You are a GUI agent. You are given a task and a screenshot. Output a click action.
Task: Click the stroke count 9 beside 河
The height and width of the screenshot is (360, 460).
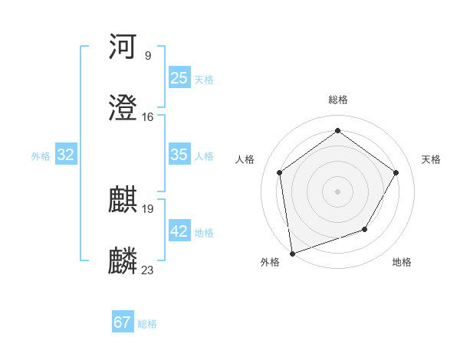pyautogui.click(x=147, y=55)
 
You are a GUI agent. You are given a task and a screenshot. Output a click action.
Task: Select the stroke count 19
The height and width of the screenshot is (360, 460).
pyautogui.click(x=148, y=208)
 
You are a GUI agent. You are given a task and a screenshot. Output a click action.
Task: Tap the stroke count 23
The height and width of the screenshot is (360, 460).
pyautogui.click(x=148, y=270)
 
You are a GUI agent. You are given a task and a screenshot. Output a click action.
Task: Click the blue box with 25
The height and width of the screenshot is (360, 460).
pyautogui.click(x=179, y=78)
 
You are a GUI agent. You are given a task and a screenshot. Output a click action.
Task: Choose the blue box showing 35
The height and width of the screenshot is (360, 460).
pyautogui.click(x=179, y=155)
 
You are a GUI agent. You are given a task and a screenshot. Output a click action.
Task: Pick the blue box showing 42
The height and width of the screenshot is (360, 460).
pyautogui.click(x=179, y=231)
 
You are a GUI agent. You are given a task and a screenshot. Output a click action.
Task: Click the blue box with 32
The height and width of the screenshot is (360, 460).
pyautogui.click(x=66, y=155)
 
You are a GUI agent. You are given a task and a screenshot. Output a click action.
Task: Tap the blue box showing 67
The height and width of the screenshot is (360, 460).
pyautogui.click(x=123, y=322)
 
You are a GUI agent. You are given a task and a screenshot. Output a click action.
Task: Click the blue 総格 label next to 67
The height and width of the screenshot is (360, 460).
pyautogui.click(x=147, y=324)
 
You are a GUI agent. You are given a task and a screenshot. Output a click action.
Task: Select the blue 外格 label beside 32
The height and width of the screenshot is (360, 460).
pyautogui.click(x=41, y=156)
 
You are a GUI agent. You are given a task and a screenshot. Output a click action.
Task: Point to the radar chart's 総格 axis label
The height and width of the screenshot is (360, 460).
pyautogui.click(x=338, y=100)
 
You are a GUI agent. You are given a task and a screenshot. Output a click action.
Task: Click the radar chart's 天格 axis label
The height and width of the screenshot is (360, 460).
pyautogui.click(x=431, y=159)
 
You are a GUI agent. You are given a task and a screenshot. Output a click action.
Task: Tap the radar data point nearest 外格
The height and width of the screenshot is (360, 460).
pyautogui.click(x=292, y=253)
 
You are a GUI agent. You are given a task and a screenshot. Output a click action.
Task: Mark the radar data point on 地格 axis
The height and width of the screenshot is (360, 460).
pyautogui.click(x=365, y=229)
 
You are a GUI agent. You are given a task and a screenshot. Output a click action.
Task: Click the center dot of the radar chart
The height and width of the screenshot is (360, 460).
pyautogui.click(x=337, y=191)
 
